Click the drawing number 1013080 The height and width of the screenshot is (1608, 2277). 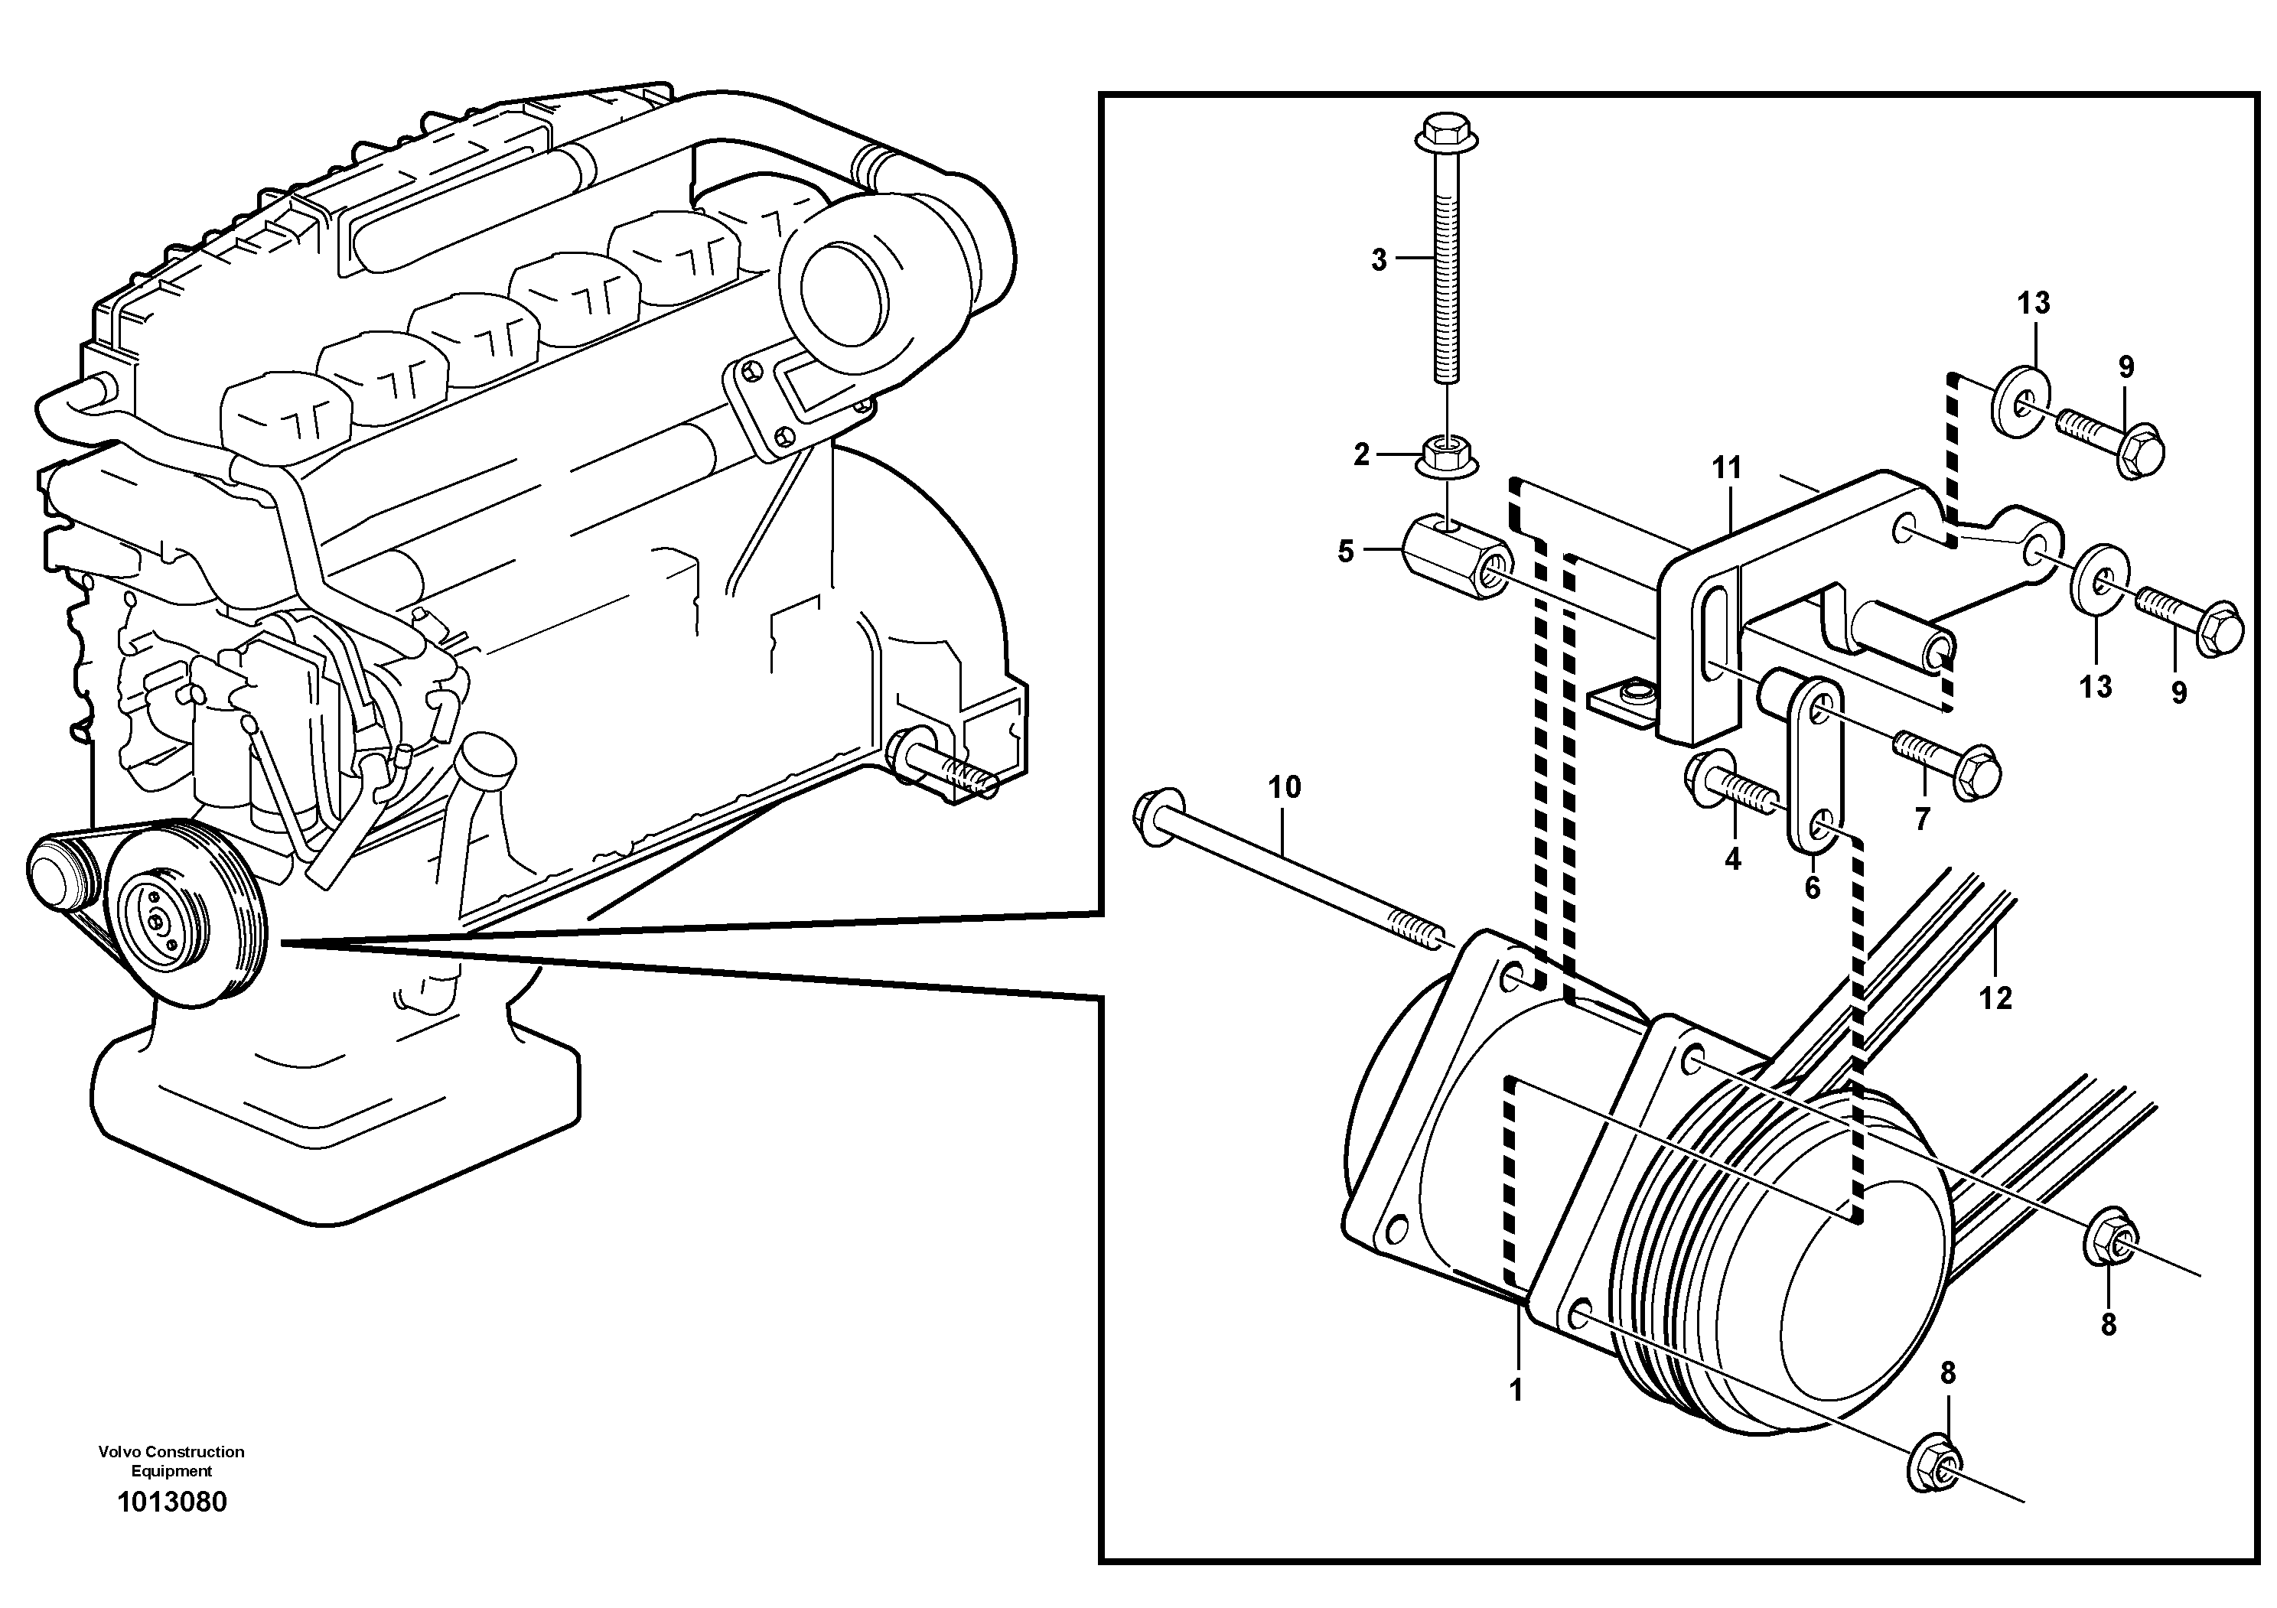171,1502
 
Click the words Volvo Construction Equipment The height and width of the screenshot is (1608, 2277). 171,1460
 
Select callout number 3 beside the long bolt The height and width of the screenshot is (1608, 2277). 1379,260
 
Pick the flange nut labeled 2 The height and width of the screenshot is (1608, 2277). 1443,457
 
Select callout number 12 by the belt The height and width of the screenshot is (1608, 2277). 1995,998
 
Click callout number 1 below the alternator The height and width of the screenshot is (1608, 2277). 1516,1390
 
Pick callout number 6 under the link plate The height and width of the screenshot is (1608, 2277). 1813,887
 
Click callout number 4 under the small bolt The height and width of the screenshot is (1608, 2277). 1732,858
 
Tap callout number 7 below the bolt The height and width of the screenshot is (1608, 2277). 1922,819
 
